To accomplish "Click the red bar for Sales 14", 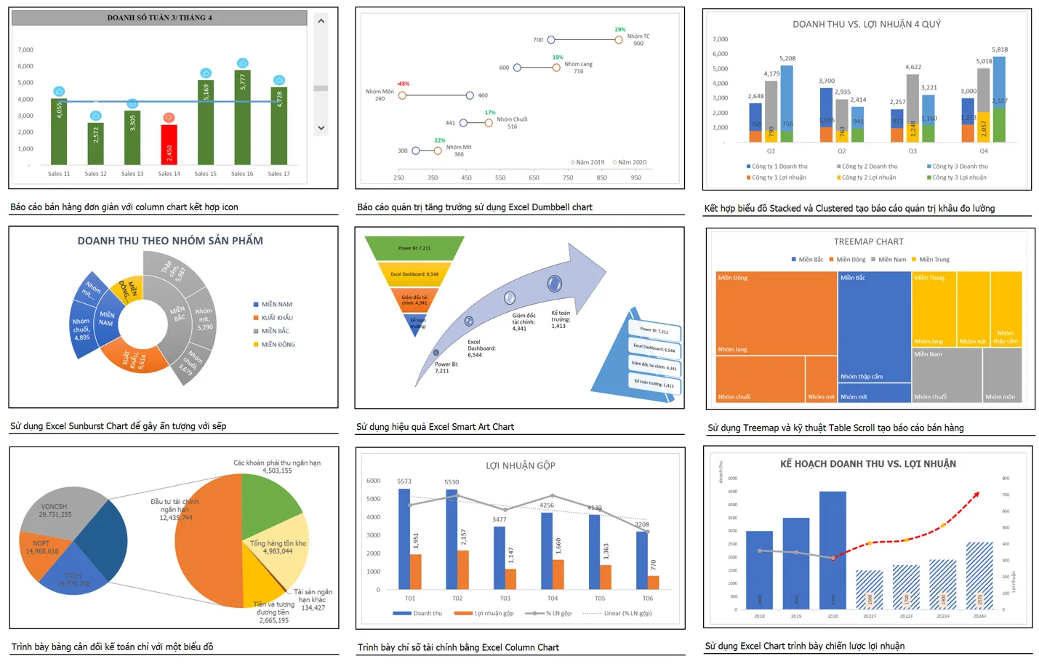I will pyautogui.click(x=169, y=145).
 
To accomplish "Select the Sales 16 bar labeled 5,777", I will pyautogui.click(x=242, y=116).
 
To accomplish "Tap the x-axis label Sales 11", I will pyautogui.click(x=59, y=174).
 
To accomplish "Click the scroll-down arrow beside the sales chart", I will pyautogui.click(x=321, y=128).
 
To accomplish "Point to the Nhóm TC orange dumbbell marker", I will pyautogui.click(x=619, y=40).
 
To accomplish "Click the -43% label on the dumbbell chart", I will pyautogui.click(x=403, y=84).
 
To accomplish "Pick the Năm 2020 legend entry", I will pyautogui.click(x=629, y=163).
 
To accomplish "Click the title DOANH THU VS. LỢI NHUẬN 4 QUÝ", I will pyautogui.click(x=866, y=24).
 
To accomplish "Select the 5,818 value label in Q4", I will pyautogui.click(x=999, y=49).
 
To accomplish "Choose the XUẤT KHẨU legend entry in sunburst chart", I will pyautogui.click(x=276, y=318).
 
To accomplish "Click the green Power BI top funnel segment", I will pyautogui.click(x=414, y=248).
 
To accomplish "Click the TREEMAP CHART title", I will pyautogui.click(x=868, y=241).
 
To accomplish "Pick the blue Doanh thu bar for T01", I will pyautogui.click(x=404, y=538).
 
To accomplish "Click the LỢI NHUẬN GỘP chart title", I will pyautogui.click(x=520, y=465).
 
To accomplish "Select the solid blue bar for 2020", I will pyautogui.click(x=832, y=549).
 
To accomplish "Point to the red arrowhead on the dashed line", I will pyautogui.click(x=976, y=495).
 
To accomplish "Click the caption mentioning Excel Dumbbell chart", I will pyautogui.click(x=474, y=207).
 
